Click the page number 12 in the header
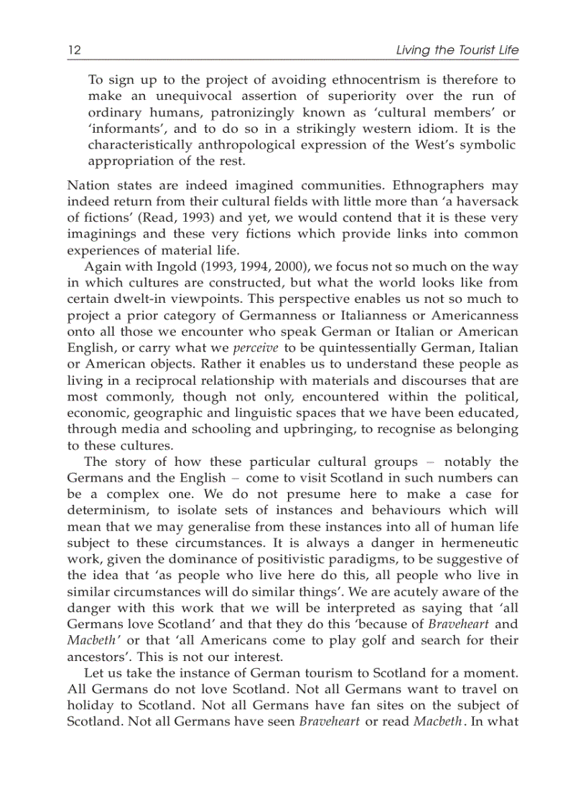tap(73, 50)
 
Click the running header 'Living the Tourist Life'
tap(457, 50)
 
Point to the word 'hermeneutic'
tap(480, 543)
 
